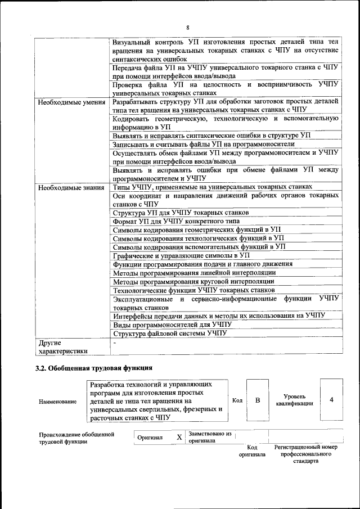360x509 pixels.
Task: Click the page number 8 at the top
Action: coord(188,28)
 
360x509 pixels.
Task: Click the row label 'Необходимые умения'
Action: coord(71,102)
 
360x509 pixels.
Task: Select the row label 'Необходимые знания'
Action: coord(71,187)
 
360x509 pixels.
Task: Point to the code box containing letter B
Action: coord(258,400)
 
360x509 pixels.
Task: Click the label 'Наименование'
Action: coord(57,402)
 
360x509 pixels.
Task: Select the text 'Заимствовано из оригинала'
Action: coord(210,437)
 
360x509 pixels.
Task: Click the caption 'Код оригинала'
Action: coord(251,451)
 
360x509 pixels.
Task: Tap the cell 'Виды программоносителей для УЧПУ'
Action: coord(172,325)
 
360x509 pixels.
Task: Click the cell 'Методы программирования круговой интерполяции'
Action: coord(193,281)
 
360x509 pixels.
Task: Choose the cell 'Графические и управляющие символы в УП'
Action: coord(181,255)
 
